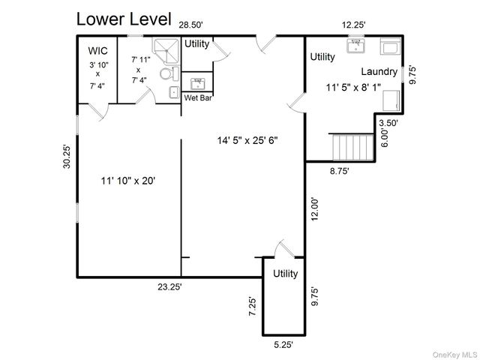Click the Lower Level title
(124, 17)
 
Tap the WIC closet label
(97, 50)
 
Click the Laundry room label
(378, 72)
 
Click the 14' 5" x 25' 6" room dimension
(248, 139)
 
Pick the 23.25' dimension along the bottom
(169, 286)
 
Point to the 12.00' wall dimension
(316, 208)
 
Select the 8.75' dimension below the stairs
(339, 171)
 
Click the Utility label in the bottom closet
(285, 274)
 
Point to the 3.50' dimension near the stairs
(388, 123)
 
